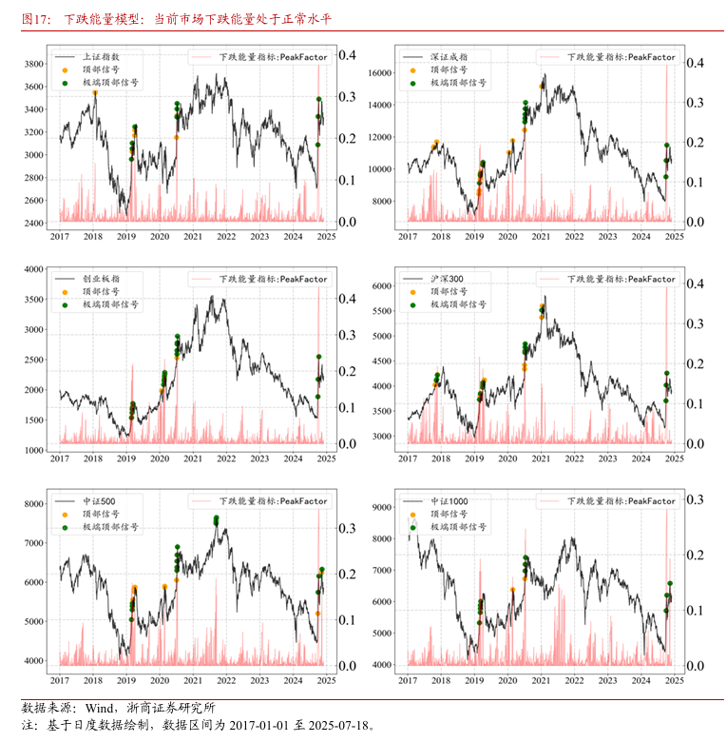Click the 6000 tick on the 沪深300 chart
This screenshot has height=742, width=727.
(x=383, y=285)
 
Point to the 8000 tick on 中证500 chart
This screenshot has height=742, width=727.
(x=34, y=504)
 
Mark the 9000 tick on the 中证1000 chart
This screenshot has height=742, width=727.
(x=383, y=508)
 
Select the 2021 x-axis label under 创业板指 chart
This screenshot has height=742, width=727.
(x=192, y=459)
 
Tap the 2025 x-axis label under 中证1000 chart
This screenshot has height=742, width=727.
(x=673, y=680)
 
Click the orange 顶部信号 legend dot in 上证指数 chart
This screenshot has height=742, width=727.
(x=65, y=69)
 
